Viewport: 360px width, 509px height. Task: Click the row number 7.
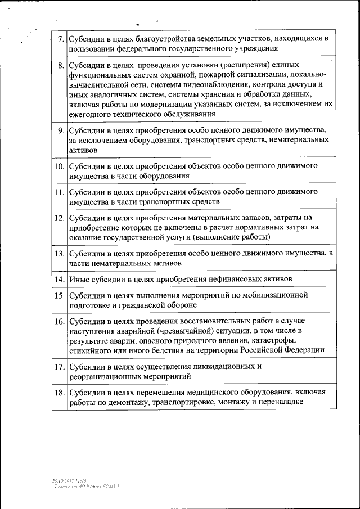tap(61, 39)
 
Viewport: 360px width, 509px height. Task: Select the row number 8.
tap(61, 65)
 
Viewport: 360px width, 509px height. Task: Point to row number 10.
tap(60, 166)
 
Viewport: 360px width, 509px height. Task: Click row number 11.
tap(60, 192)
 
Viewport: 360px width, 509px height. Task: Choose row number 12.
tap(60, 217)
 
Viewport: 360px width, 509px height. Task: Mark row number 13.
tap(60, 254)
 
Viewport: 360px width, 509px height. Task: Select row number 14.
tap(60, 279)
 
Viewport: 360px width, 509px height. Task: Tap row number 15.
tap(60, 295)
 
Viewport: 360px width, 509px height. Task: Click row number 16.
tap(60, 321)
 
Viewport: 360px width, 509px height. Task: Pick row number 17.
tap(60, 367)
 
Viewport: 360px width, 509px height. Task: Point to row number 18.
tap(60, 392)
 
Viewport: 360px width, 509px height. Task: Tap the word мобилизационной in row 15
tap(276, 295)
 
